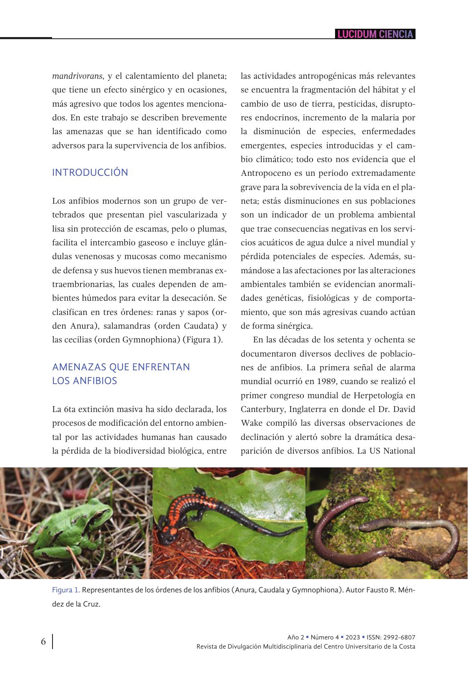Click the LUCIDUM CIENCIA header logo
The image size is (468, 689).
pyautogui.click(x=375, y=34)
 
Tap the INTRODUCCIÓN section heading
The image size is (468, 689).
pyautogui.click(x=90, y=172)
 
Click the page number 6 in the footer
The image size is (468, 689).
pyautogui.click(x=43, y=641)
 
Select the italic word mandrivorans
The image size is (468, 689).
pyautogui.click(x=78, y=76)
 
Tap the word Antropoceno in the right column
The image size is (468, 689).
pyautogui.click(x=265, y=173)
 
